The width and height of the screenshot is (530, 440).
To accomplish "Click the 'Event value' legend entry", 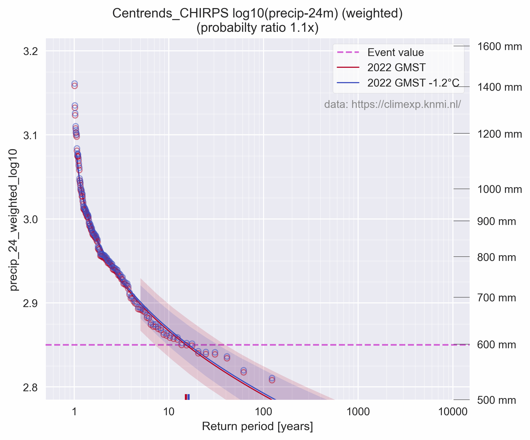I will coord(395,53).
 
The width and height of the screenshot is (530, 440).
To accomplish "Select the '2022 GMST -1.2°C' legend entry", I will coord(413,83).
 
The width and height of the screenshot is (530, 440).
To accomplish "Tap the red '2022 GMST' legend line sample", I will coord(348,68).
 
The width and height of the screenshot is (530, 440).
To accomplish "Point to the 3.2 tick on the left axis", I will coord(30,51).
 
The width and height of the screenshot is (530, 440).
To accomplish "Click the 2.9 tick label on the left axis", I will coord(30,303).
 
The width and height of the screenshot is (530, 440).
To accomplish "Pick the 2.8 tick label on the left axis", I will coord(30,388).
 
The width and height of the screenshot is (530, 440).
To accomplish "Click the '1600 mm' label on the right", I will coord(499,47).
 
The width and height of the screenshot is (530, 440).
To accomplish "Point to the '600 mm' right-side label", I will coord(496,345).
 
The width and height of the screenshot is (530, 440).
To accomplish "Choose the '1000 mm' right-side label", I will coord(499,190).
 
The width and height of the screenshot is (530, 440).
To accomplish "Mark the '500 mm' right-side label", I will coord(496,400).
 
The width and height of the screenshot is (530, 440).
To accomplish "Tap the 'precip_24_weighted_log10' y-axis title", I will coord(14,219).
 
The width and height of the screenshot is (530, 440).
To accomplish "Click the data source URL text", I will coord(392,105).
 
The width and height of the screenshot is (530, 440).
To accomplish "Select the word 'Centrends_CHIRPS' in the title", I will coord(170,14).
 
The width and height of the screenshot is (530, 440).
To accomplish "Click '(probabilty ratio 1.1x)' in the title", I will coord(257,28).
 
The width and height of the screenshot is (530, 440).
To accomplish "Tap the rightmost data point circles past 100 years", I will coord(272,379).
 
